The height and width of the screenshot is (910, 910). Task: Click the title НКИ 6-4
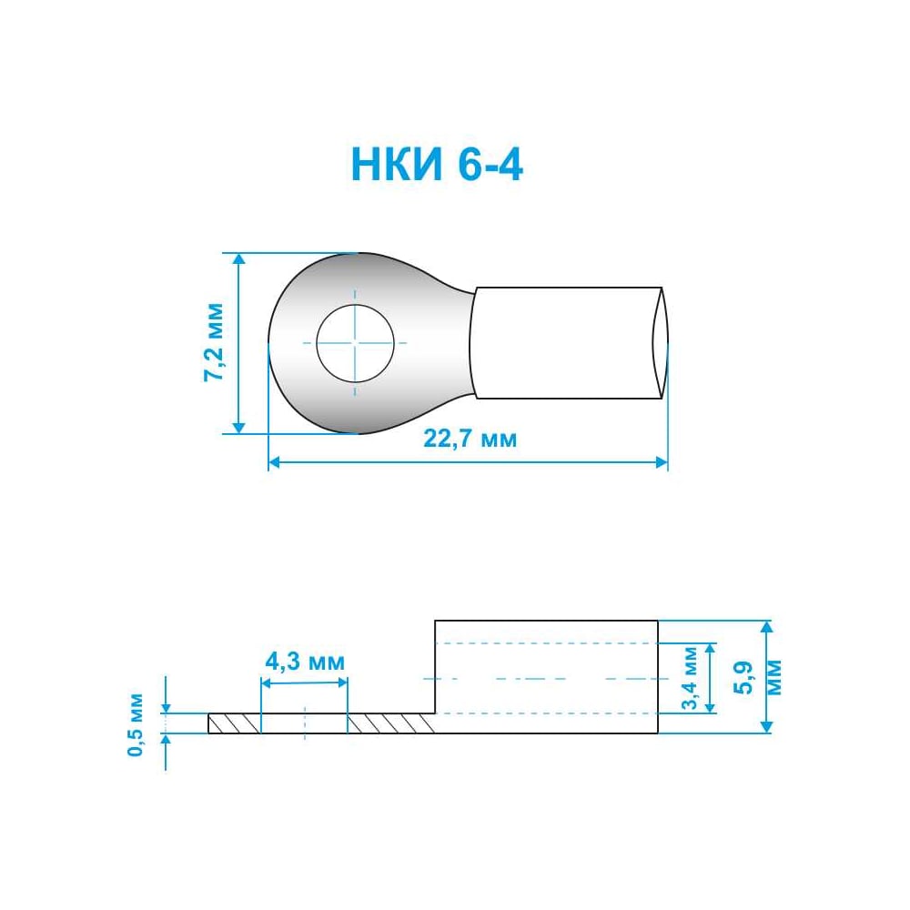437,164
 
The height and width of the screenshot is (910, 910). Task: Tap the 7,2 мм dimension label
214,342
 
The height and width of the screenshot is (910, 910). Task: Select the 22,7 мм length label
470,439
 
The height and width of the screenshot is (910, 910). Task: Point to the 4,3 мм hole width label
305,661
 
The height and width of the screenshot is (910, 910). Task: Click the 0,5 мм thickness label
136,724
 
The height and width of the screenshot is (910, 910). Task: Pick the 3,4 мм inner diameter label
691,678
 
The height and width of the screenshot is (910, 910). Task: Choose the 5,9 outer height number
743,677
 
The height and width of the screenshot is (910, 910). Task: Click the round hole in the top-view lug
355,343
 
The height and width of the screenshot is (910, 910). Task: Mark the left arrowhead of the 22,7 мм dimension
274,462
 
